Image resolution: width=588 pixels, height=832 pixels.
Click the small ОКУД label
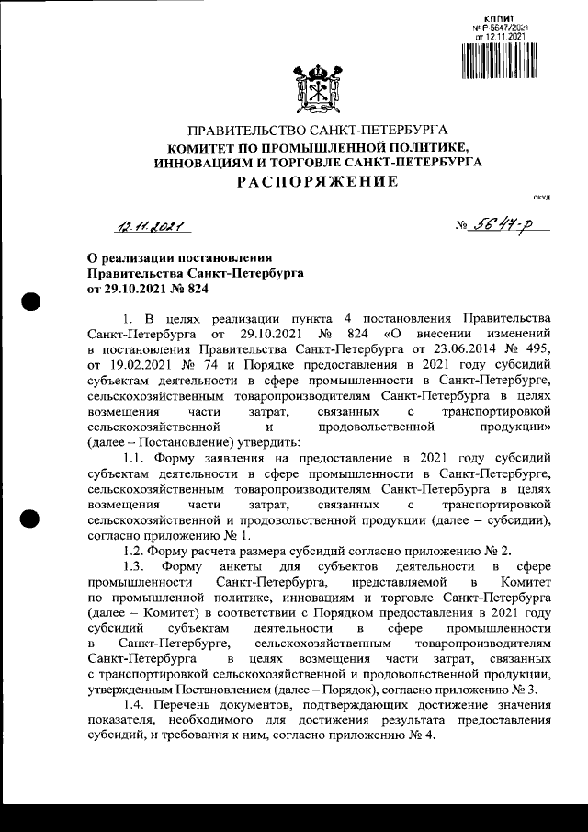(x=541, y=198)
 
